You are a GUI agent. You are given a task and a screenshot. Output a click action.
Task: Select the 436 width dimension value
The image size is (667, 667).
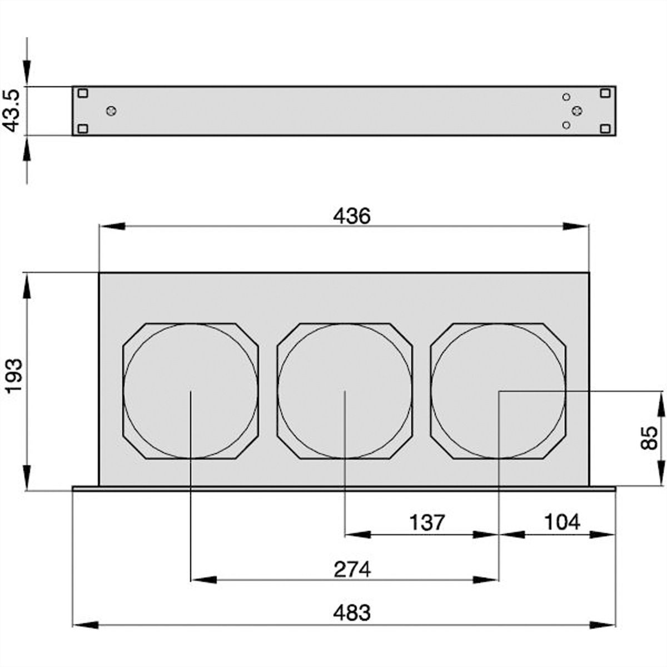pyautogui.click(x=351, y=216)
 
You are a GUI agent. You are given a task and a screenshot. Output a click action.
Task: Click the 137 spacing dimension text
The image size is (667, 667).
pyautogui.click(x=427, y=522)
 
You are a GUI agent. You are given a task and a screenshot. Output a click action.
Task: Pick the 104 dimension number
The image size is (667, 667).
pyautogui.click(x=561, y=522)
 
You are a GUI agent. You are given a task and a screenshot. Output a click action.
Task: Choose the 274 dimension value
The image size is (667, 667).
pyautogui.click(x=352, y=569)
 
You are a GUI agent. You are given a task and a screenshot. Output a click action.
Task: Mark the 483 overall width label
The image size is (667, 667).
pyautogui.click(x=352, y=613)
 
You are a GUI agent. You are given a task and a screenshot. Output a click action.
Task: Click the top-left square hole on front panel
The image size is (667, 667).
pyautogui.click(x=82, y=93)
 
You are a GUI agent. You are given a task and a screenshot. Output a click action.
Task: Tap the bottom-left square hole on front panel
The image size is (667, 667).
pyautogui.click(x=82, y=129)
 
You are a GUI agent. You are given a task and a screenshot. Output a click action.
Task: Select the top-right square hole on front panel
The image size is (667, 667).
pyautogui.click(x=605, y=93)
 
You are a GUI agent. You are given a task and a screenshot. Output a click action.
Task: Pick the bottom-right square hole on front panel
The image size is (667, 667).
pyautogui.click(x=605, y=129)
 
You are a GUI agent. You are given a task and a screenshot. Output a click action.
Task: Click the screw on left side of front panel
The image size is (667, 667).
pyautogui.click(x=111, y=111)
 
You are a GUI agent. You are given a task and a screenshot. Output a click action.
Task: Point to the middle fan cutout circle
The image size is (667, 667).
pyautogui.click(x=345, y=391)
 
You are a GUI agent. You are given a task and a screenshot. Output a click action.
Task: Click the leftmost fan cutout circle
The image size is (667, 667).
pyautogui.click(x=191, y=391)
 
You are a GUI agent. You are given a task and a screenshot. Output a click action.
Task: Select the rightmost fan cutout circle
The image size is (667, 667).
pyautogui.click(x=499, y=391)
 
